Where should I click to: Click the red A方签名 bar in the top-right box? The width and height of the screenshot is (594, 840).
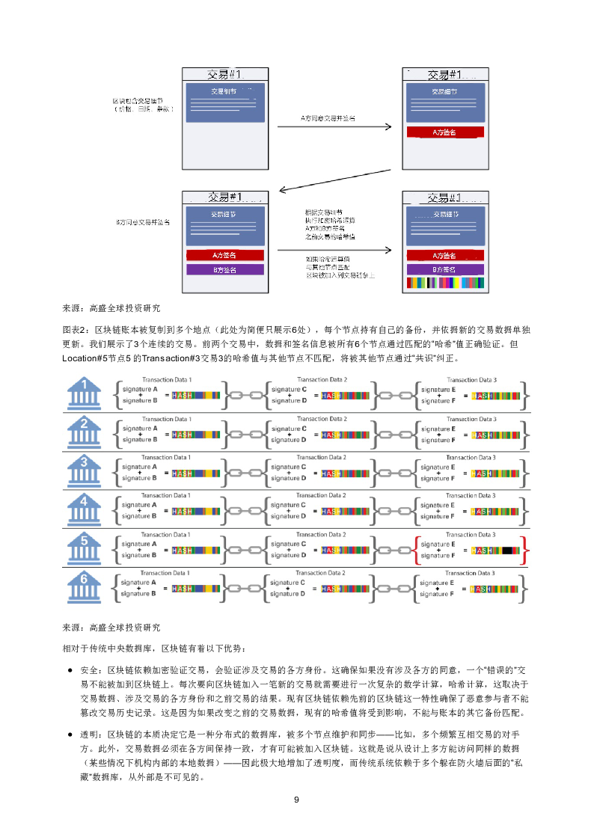click(x=444, y=132)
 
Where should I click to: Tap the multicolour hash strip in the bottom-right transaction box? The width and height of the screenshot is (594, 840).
click(x=444, y=283)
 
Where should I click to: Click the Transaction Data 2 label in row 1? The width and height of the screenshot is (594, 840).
click(x=321, y=380)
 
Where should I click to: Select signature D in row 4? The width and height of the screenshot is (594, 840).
click(x=287, y=516)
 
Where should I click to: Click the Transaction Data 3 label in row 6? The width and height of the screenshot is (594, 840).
click(x=471, y=572)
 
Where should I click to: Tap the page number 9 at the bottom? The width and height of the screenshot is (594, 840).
click(x=296, y=800)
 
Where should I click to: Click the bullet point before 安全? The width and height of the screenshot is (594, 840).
click(x=70, y=669)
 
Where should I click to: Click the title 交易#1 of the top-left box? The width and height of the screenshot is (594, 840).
click(x=225, y=75)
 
